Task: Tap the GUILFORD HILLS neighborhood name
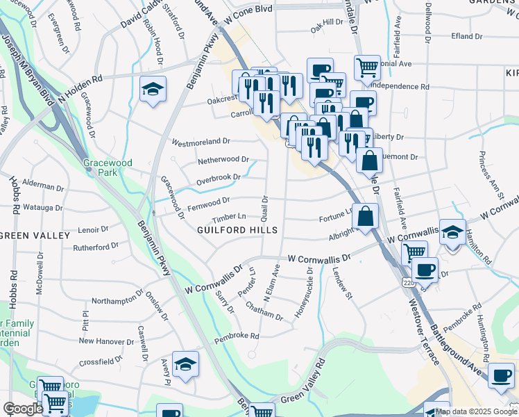(x=237, y=230)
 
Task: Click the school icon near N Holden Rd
(x=153, y=90)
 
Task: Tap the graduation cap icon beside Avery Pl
(x=185, y=364)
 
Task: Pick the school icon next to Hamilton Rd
(x=452, y=233)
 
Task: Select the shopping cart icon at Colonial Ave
(x=368, y=68)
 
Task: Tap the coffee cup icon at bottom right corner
(x=501, y=375)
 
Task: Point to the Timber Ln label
(x=232, y=216)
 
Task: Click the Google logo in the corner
(x=23, y=409)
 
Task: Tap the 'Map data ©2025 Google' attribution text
(x=475, y=411)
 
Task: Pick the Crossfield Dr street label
(x=101, y=361)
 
